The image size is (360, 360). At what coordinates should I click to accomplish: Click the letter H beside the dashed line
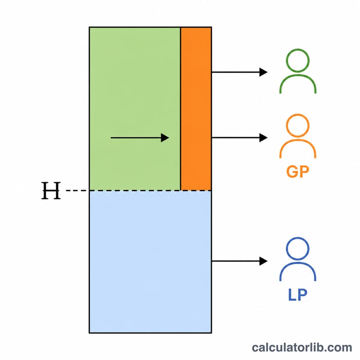51,190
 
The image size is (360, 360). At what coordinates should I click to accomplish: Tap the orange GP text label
298,171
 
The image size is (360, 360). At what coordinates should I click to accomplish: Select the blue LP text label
297,295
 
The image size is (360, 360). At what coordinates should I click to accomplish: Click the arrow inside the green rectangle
140,138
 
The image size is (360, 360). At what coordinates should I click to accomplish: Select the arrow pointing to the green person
239,72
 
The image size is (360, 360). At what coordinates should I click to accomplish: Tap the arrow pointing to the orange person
239,138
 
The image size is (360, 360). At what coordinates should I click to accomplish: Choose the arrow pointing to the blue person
239,261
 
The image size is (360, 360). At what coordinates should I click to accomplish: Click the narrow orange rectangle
196,109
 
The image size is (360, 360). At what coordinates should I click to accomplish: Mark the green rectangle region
135,109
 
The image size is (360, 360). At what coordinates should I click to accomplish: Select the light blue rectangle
150,262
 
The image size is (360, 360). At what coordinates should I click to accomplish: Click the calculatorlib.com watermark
302,347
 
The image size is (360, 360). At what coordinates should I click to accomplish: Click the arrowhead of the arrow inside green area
165,138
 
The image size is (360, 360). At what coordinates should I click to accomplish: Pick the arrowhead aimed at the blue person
263,261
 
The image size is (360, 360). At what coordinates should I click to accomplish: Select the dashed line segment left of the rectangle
77,190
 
